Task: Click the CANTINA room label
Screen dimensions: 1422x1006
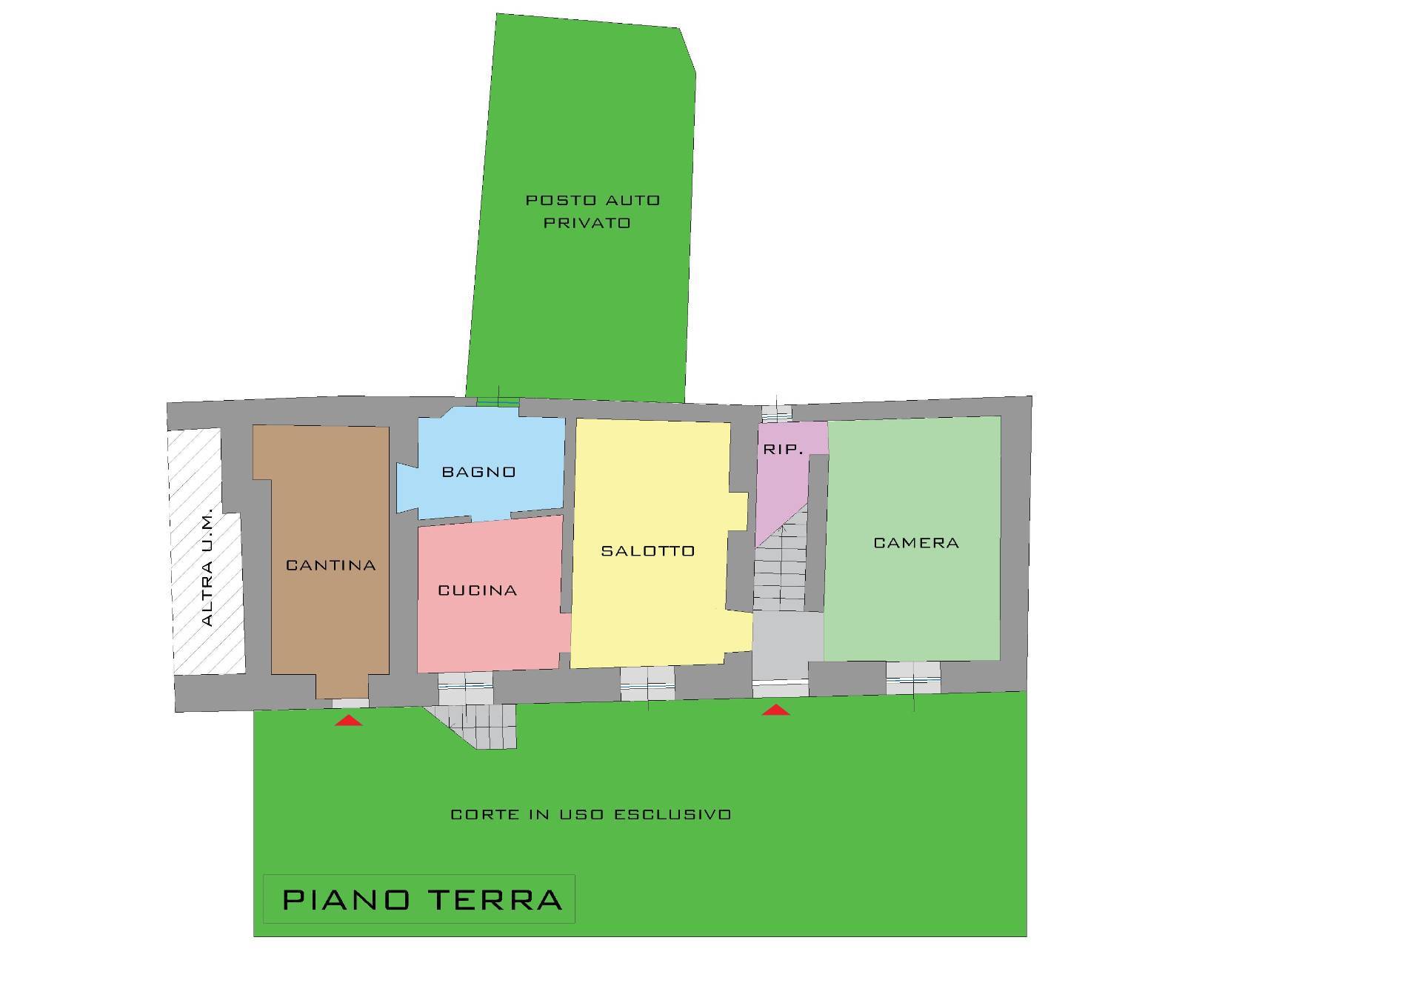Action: [331, 565]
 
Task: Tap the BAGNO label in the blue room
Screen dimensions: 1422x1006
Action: [479, 472]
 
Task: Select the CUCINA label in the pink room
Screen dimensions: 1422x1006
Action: [478, 590]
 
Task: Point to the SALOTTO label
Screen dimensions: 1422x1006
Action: [648, 551]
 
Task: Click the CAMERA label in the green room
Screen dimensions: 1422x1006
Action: [917, 543]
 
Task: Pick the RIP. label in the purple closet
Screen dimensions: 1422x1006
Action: [784, 450]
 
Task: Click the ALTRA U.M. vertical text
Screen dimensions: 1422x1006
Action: [207, 567]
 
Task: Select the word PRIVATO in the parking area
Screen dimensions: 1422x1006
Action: [587, 223]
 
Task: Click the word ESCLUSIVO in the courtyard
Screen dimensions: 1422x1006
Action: [673, 815]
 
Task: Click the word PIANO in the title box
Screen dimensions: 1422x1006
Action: [347, 900]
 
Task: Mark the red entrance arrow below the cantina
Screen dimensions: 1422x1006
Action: [348, 720]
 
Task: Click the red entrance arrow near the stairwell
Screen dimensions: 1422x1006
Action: [775, 710]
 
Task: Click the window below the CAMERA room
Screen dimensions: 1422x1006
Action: [913, 679]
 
